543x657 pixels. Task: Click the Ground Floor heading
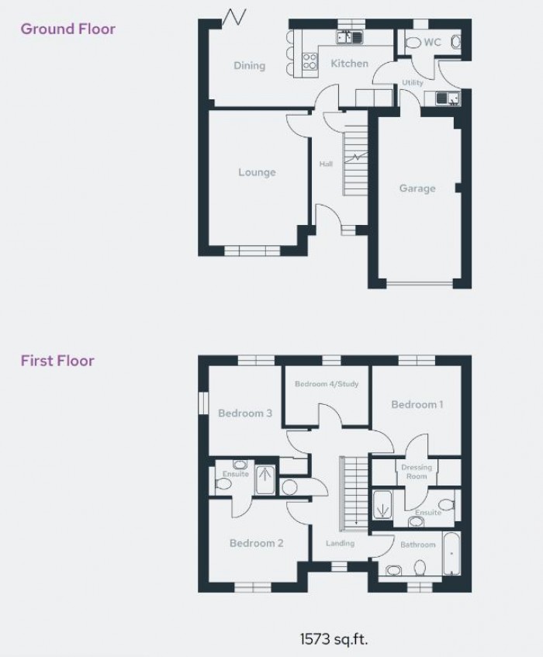coord(68,29)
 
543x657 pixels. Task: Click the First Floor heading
coord(57,361)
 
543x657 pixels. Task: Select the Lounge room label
coord(257,172)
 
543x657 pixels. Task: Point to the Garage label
coord(417,188)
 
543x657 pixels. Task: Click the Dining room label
coord(249,65)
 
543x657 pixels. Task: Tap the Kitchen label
coord(349,64)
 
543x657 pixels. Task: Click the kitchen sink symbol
coord(349,38)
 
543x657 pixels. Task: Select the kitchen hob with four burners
coord(310,61)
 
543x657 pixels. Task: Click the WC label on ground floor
coord(432,43)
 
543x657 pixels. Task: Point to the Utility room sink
coord(448,99)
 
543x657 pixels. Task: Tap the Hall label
coord(326,164)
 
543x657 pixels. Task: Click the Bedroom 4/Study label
coord(327,384)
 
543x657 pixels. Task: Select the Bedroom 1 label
coord(417,404)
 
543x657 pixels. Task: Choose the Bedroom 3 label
coord(245,413)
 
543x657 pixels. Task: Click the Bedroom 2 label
coord(257,543)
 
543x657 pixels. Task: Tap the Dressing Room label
coord(417,472)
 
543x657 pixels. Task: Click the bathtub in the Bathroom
coord(451,554)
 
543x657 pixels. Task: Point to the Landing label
coord(341,543)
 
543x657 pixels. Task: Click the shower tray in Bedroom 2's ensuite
coord(265,480)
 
